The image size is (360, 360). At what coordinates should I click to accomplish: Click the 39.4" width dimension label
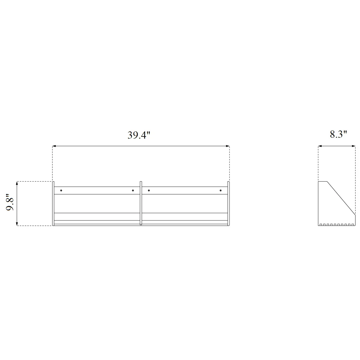(139, 135)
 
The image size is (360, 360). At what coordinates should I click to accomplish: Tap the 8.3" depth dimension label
(338, 134)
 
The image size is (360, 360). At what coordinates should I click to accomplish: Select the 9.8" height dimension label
(10, 202)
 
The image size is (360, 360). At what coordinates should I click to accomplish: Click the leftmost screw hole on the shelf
(61, 190)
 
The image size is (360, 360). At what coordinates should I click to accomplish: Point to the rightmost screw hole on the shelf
(220, 190)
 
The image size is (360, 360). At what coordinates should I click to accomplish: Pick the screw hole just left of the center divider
(133, 190)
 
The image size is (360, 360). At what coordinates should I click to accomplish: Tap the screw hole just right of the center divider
(149, 190)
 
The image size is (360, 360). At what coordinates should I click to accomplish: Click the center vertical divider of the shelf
(141, 203)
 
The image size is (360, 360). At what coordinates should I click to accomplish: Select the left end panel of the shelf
(53, 203)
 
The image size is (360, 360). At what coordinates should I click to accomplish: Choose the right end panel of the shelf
(229, 203)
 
